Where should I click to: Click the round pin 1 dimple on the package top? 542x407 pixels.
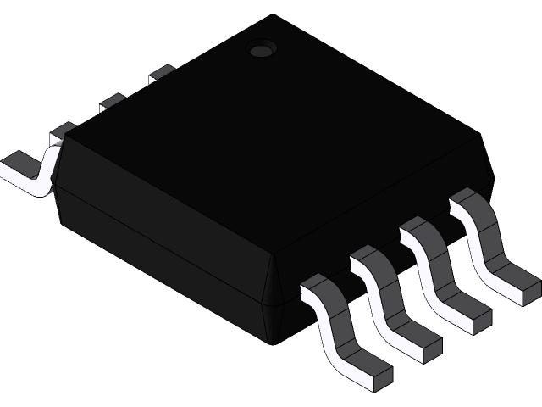[x=261, y=49]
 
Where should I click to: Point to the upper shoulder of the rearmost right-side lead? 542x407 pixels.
[x=468, y=200]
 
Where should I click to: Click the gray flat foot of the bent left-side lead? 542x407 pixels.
[x=19, y=161]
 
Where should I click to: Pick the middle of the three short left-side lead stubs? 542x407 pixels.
[x=112, y=104]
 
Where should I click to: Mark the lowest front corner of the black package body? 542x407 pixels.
[x=269, y=341]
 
